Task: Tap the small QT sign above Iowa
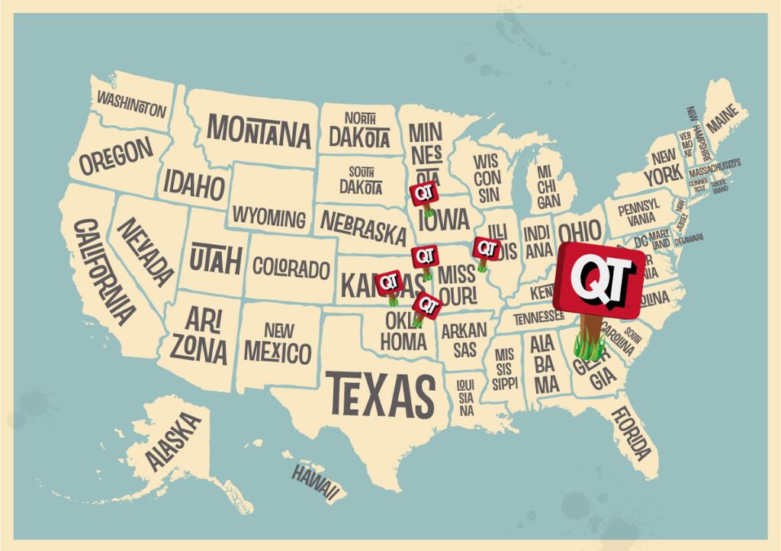click(423, 195)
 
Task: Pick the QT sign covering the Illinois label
click(486, 249)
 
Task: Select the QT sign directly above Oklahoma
click(427, 305)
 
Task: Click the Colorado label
click(291, 269)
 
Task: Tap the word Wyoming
click(268, 216)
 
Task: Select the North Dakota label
click(358, 130)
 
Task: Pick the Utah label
click(215, 259)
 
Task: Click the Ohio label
click(579, 230)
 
